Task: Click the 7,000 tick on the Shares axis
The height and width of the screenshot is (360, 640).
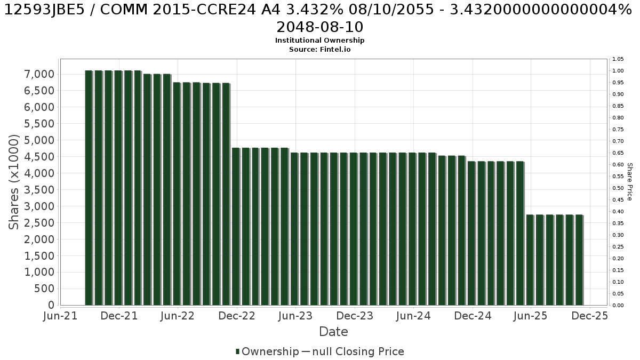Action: [39, 74]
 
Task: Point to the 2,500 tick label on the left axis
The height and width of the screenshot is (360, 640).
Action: [39, 223]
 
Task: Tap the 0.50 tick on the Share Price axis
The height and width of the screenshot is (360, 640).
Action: [618, 188]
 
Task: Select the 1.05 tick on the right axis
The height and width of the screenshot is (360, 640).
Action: [618, 59]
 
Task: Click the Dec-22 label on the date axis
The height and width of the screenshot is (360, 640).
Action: [237, 316]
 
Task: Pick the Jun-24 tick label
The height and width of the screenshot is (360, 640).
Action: [413, 316]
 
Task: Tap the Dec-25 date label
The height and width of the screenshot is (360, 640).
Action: [590, 316]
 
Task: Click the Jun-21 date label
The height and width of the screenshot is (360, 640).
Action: [60, 316]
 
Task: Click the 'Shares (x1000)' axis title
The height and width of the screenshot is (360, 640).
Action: [13, 182]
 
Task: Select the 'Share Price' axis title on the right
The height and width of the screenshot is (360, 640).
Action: [630, 182]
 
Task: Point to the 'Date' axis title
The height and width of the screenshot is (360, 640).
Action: [333, 332]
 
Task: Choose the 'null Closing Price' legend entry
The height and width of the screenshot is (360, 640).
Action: [358, 351]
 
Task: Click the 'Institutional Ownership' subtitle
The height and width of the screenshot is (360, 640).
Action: [319, 41]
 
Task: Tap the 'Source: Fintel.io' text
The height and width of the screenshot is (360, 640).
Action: [319, 50]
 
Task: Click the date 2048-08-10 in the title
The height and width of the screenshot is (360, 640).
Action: [319, 27]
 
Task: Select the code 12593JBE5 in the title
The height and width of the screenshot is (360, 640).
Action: [45, 10]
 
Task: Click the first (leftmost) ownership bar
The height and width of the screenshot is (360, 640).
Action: [89, 188]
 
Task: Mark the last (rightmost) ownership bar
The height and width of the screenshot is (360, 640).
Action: [579, 260]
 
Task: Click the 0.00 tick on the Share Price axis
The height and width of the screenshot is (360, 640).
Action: [618, 306]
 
